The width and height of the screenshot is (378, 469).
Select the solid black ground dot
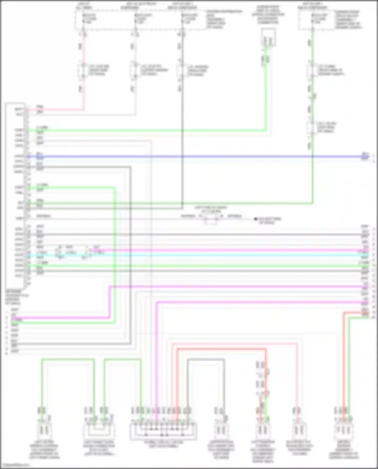(256, 219)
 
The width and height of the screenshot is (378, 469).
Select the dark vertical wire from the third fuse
(182, 126)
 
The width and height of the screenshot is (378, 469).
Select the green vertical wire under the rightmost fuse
(312, 50)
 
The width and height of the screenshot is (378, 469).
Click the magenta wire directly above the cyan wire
(227, 250)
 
